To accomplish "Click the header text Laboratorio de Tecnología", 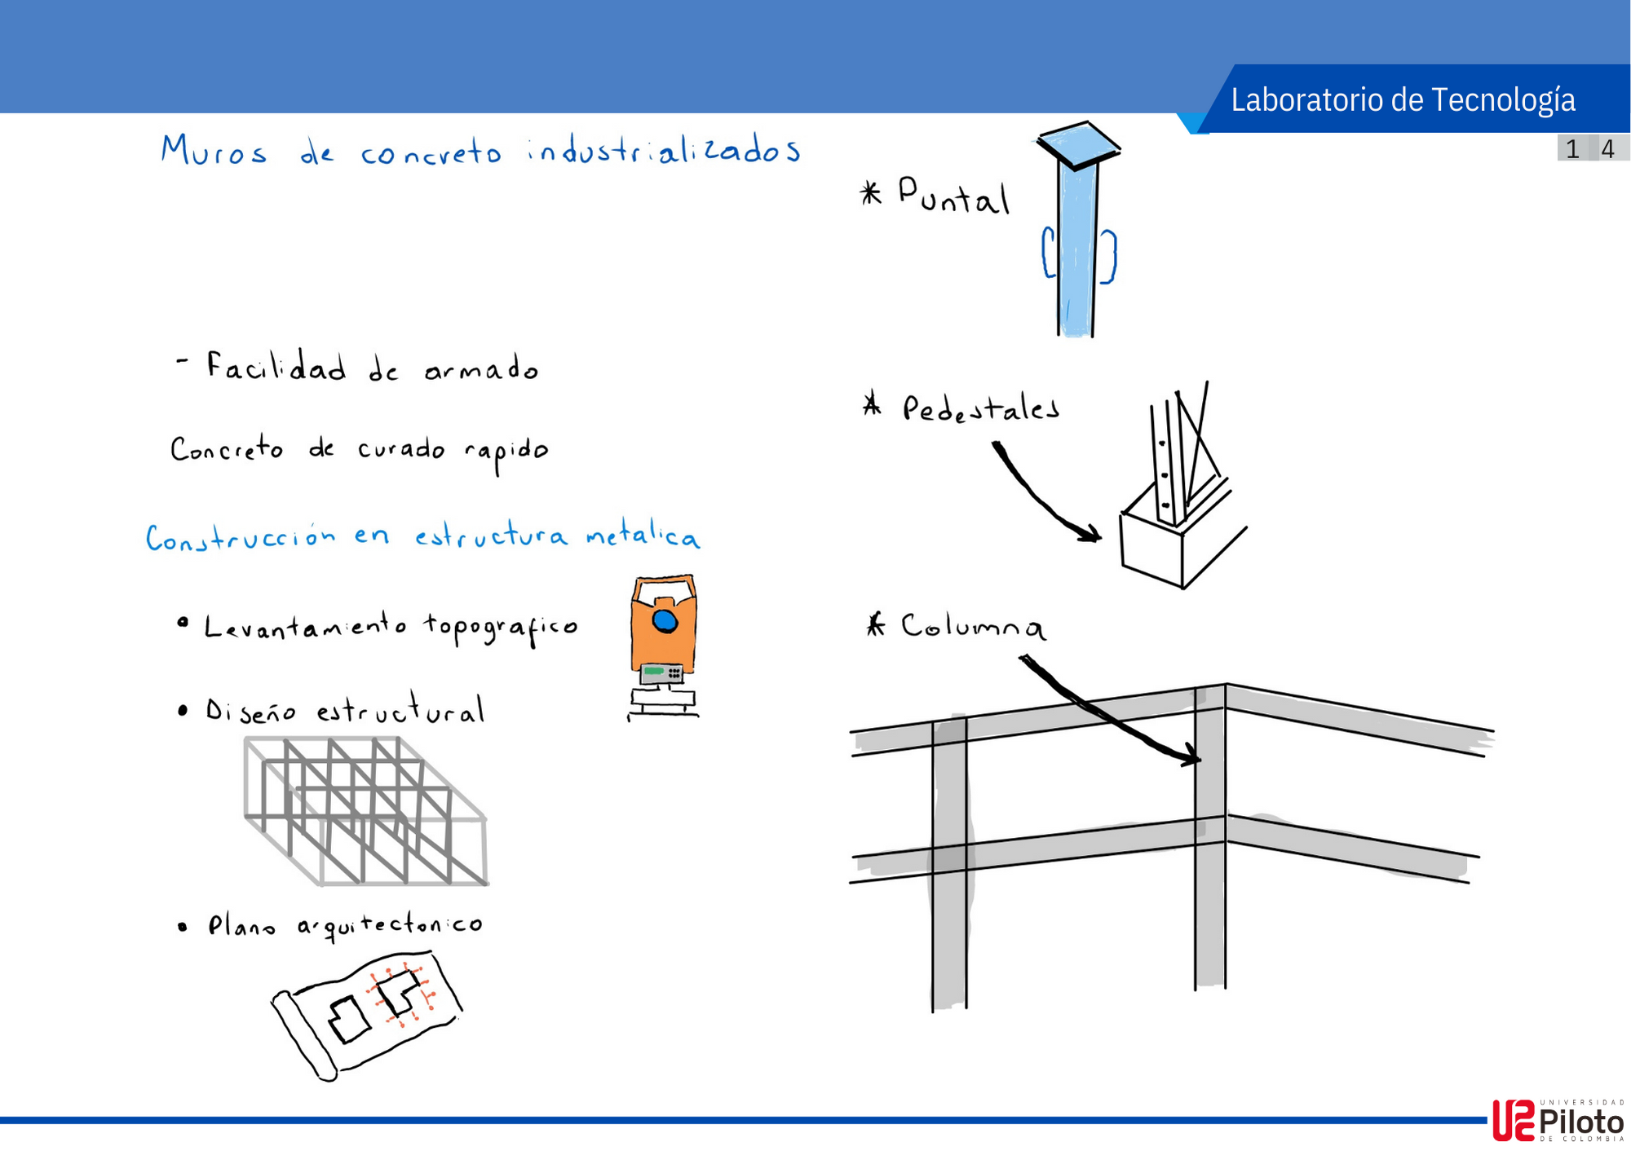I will pyautogui.click(x=1403, y=99).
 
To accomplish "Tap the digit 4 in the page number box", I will pyautogui.click(x=1607, y=149).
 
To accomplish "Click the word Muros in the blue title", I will pyautogui.click(x=214, y=151).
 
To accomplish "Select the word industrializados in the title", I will pyautogui.click(x=664, y=151).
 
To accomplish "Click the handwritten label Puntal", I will pyautogui.click(x=953, y=196).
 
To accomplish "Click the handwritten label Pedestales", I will pyautogui.click(x=980, y=408).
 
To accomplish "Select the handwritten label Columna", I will pyautogui.click(x=972, y=626).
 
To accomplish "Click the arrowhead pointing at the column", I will pyautogui.click(x=1191, y=757).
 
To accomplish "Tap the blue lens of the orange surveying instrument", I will pyautogui.click(x=665, y=621).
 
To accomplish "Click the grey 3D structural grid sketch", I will pyautogui.click(x=365, y=811).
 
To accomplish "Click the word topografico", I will pyautogui.click(x=500, y=628).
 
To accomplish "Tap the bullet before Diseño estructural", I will pyautogui.click(x=183, y=711).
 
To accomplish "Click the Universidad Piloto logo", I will pyautogui.click(x=1558, y=1121).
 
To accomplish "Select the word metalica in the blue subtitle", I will pyautogui.click(x=643, y=536).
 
